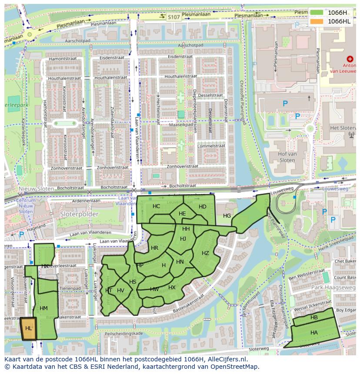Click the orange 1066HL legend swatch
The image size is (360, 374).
[x=317, y=21]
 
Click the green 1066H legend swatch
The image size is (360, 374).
[x=317, y=13]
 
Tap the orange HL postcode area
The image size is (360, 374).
[x=29, y=328]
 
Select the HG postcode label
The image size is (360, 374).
[x=227, y=216]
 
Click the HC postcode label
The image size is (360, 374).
[x=157, y=206]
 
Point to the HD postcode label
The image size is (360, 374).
[x=203, y=207]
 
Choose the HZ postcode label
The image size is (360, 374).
[x=205, y=253]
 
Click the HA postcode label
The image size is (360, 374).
[x=314, y=332]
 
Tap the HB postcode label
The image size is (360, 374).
[x=314, y=318]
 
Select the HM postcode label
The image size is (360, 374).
[x=43, y=308]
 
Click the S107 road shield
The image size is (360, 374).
[x=173, y=17]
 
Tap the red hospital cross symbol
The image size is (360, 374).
[x=350, y=59]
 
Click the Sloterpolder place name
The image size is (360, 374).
[x=80, y=214]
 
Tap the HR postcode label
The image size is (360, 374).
[x=154, y=248]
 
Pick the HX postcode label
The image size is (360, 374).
[x=172, y=288]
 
